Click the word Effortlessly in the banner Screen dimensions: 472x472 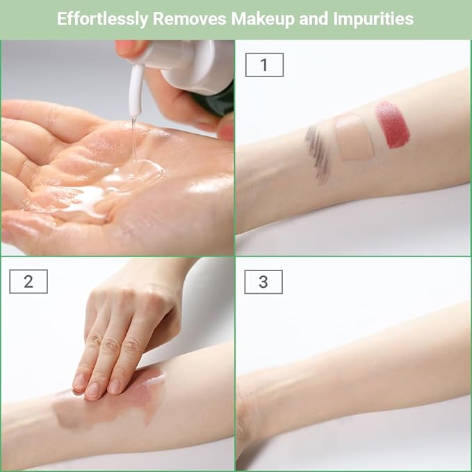[102, 19]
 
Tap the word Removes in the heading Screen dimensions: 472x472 [190, 19]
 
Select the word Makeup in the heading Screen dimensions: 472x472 [263, 19]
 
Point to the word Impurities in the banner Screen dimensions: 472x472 [373, 19]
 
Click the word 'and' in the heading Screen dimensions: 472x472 [314, 19]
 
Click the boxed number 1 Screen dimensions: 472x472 [264, 65]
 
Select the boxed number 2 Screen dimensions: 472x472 [29, 282]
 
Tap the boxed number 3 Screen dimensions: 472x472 [263, 282]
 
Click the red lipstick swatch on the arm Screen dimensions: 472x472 [393, 124]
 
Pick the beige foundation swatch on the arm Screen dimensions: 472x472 [354, 138]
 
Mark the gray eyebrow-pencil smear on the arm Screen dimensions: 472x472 [317, 154]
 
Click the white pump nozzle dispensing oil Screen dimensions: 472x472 [136, 90]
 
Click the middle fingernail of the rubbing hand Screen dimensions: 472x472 [92, 390]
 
